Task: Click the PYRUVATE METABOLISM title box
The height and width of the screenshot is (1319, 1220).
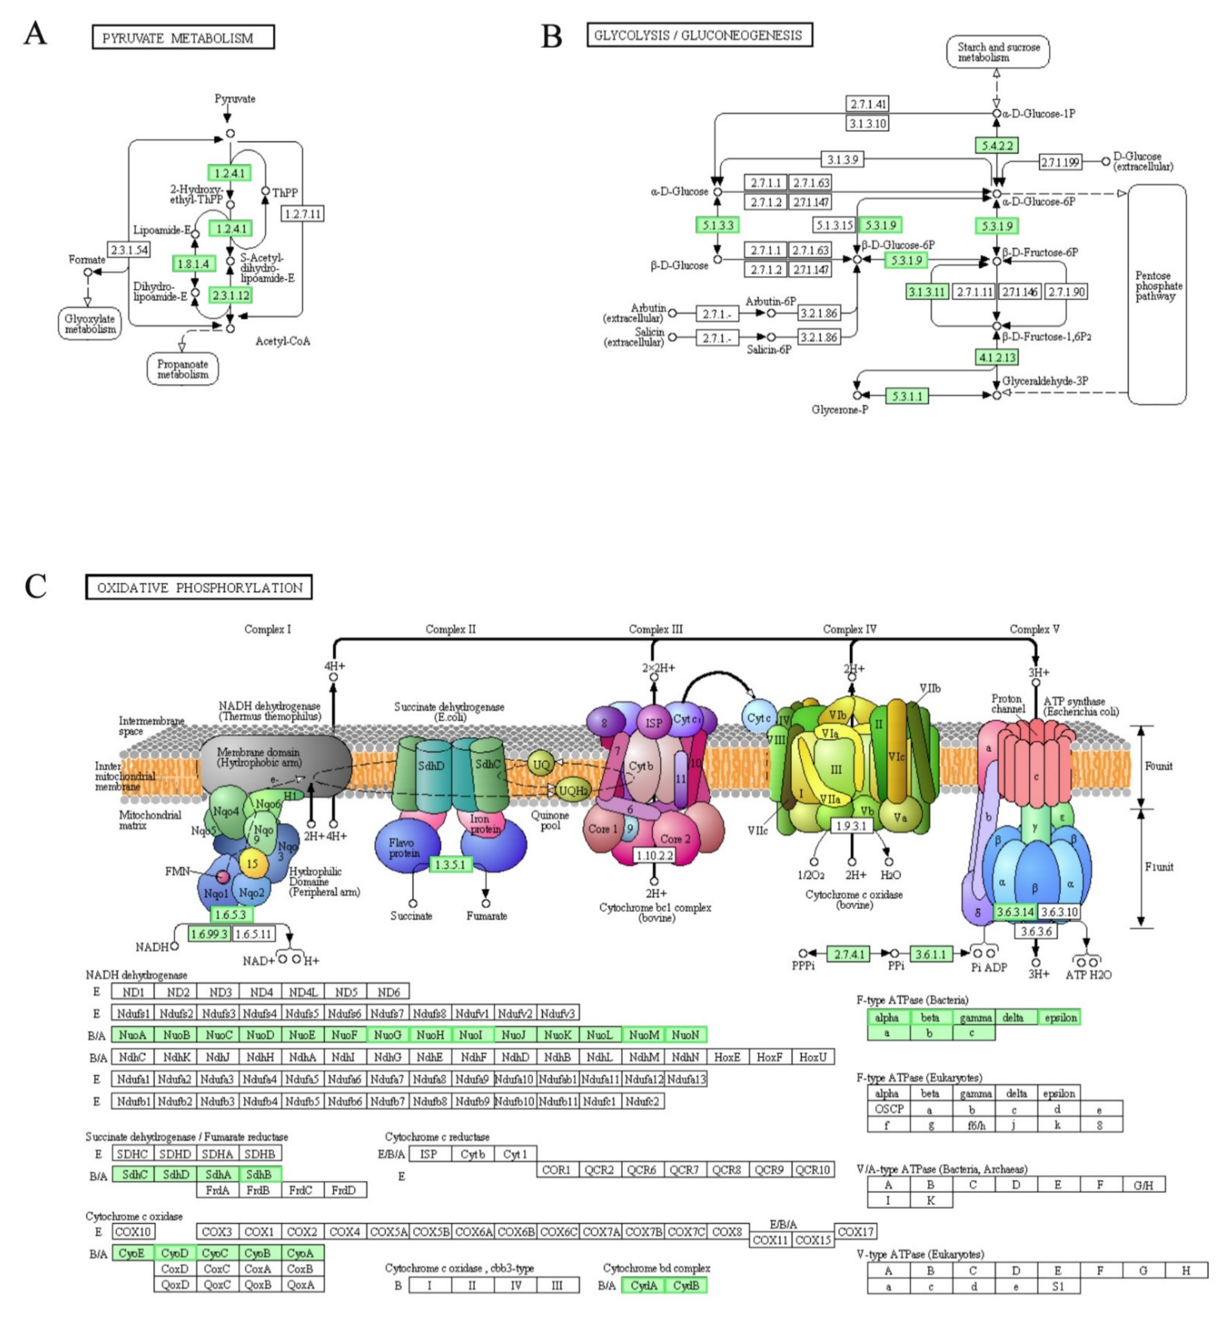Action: click(x=183, y=38)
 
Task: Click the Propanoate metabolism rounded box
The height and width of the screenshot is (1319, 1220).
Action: click(x=182, y=369)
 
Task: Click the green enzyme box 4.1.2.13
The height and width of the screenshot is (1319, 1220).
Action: click(x=996, y=357)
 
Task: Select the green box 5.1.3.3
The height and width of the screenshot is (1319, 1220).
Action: click(x=717, y=225)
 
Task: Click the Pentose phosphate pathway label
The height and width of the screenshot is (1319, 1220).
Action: click(x=1158, y=286)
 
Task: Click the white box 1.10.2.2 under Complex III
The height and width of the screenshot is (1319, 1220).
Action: click(x=654, y=855)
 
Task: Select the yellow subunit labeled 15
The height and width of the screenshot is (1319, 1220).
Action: click(x=252, y=864)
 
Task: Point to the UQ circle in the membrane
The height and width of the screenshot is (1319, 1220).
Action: click(x=541, y=764)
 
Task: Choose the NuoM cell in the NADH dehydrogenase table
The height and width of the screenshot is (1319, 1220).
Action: click(x=644, y=1034)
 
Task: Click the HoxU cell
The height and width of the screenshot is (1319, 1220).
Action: click(x=813, y=1057)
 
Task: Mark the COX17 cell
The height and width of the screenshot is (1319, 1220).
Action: click(x=856, y=1231)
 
